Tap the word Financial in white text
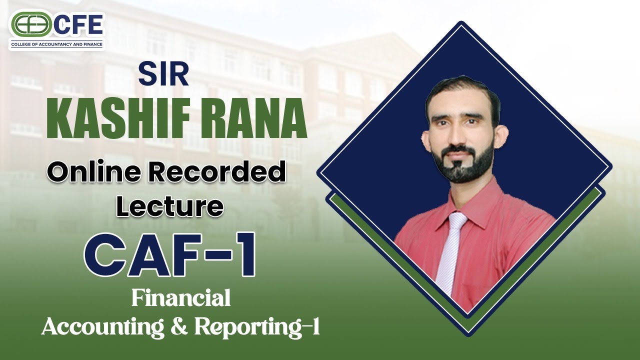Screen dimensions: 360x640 point(181,298)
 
